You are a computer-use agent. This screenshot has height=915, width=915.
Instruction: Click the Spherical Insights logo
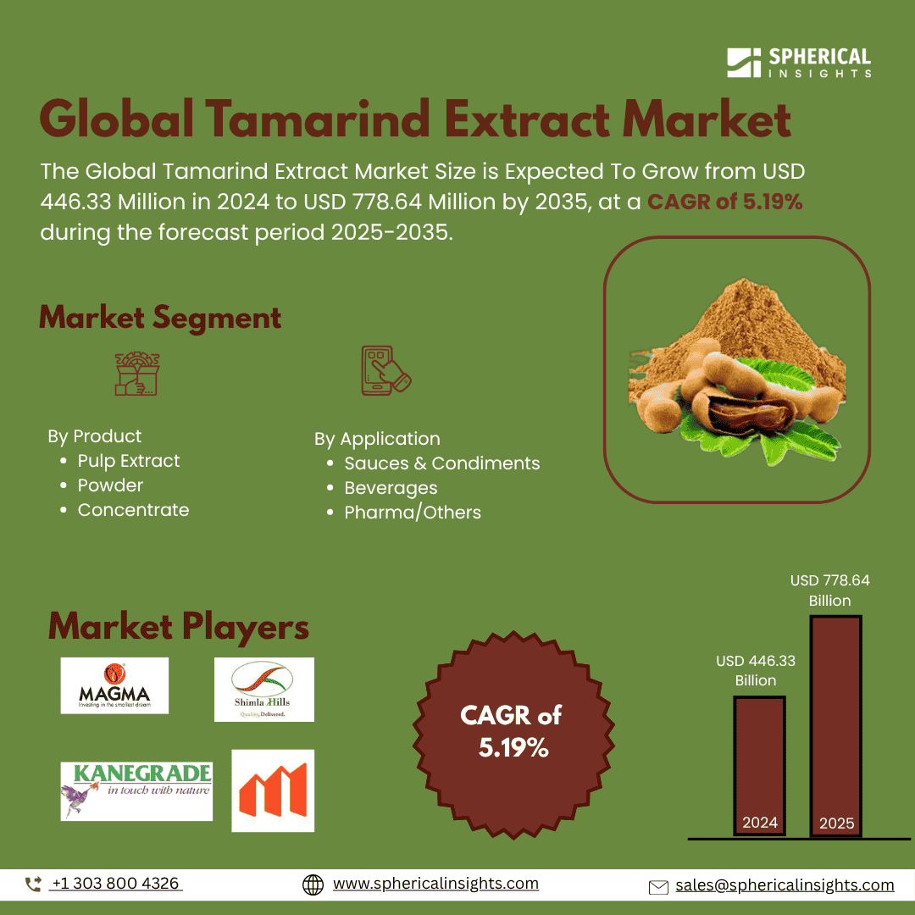coord(798,64)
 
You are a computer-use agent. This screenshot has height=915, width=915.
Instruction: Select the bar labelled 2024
coord(759,766)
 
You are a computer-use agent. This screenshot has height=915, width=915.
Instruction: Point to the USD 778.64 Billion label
coord(829,591)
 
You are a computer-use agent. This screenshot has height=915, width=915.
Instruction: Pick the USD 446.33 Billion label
coord(756,670)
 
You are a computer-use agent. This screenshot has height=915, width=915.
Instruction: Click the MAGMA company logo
coord(114,685)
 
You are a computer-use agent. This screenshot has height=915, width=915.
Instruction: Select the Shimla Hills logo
coord(263,689)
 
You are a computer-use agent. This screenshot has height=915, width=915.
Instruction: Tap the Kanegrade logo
coord(136,790)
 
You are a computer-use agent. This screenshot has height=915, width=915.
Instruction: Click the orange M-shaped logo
coord(273,790)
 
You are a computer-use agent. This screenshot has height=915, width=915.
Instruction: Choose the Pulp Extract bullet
coord(129,461)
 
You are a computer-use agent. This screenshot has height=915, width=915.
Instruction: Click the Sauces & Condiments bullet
coord(441,463)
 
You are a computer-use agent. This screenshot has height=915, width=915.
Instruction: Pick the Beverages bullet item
coord(391,488)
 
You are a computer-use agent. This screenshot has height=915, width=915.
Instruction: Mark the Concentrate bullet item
coord(133,510)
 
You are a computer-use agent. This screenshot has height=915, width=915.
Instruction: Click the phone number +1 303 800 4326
coord(115,884)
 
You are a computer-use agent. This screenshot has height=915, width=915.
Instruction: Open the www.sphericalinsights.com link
coord(435,884)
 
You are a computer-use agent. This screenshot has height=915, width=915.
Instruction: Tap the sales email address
coord(784,885)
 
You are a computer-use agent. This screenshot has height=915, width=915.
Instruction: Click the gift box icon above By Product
coord(137,374)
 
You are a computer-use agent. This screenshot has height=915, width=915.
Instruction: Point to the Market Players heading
coord(179,628)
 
